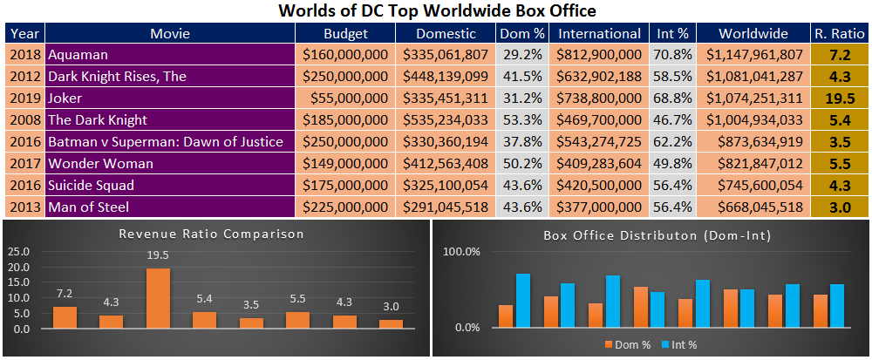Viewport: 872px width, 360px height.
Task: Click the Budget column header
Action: pyautogui.click(x=345, y=33)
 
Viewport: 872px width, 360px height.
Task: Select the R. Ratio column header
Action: pyautogui.click(x=841, y=33)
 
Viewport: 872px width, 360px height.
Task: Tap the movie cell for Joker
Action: pyautogui.click(x=170, y=98)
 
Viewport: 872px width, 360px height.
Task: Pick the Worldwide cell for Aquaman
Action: pyautogui.click(x=753, y=54)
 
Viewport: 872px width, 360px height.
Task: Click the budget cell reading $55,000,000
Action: pyautogui.click(x=345, y=98)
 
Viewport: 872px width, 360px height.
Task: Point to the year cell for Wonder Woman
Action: pyautogui.click(x=25, y=163)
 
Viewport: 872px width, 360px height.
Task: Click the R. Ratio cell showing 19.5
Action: pyautogui.click(x=841, y=98)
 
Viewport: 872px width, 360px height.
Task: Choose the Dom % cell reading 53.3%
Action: pyautogui.click(x=521, y=120)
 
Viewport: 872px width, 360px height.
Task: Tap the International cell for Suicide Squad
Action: pyautogui.click(x=600, y=185)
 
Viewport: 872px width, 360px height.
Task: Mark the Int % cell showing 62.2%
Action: pyautogui.click(x=673, y=142)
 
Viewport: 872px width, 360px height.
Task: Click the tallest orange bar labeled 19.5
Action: pyautogui.click(x=159, y=299)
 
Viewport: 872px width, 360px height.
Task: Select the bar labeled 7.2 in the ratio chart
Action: pyautogui.click(x=65, y=318)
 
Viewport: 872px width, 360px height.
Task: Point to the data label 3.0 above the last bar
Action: pyautogui.click(x=392, y=307)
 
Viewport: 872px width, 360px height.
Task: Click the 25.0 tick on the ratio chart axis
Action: pyautogui.click(x=21, y=252)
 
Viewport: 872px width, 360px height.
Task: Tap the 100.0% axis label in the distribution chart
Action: pyautogui.click(x=461, y=252)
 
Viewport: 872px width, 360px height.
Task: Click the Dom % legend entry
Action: pyautogui.click(x=627, y=345)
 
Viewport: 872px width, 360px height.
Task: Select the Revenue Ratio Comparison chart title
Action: pyautogui.click(x=212, y=234)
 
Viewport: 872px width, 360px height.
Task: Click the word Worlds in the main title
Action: pyautogui.click(x=303, y=10)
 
